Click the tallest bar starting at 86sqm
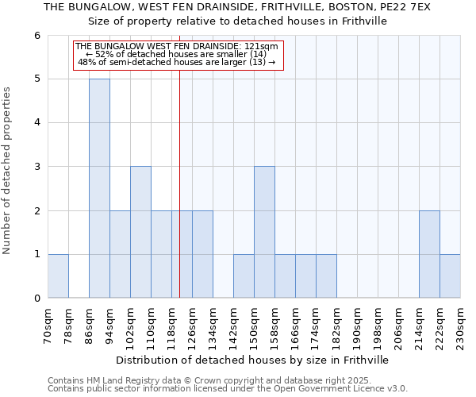coord(99,188)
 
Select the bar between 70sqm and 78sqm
coord(58,276)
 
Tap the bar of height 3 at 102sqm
coord(140,232)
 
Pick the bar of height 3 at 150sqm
coord(264,232)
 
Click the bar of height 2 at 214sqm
coord(429,254)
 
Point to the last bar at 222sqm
coord(450,276)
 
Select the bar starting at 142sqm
coord(244,276)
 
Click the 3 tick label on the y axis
coord(36,167)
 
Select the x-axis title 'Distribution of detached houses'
coord(254,360)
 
